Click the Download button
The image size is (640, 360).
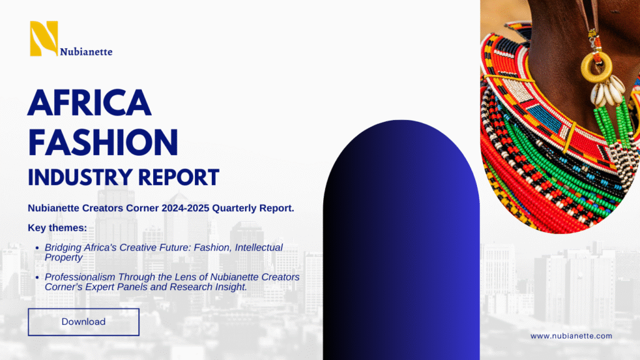84,322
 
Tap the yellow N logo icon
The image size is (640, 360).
44,38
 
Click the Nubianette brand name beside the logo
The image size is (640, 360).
86,52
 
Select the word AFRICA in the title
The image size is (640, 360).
89,102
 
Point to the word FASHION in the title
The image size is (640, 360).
103,142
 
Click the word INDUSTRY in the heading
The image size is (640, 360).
81,177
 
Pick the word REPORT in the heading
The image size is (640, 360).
179,177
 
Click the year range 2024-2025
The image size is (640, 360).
185,208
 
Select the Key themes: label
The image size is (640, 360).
57,227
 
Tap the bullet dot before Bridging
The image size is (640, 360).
37,247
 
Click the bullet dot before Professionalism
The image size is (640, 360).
37,277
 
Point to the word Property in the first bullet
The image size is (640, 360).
64,258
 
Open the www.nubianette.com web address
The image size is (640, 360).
571,336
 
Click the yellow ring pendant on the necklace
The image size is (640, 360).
596,67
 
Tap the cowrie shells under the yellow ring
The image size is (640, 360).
607,91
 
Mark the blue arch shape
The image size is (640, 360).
401,240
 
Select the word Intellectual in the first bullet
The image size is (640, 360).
259,247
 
